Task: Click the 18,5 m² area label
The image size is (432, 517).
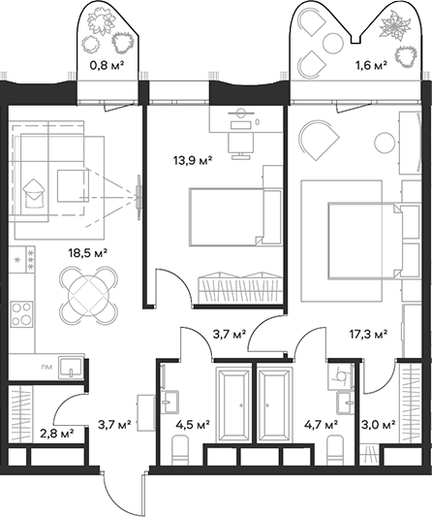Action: (86, 253)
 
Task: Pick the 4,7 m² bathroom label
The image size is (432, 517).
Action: (320, 424)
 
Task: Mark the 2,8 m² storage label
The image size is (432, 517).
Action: (54, 434)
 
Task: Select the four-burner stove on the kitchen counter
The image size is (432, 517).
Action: (20, 314)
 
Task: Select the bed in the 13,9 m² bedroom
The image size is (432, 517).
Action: (225, 215)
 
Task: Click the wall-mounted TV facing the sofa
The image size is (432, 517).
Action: (141, 191)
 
